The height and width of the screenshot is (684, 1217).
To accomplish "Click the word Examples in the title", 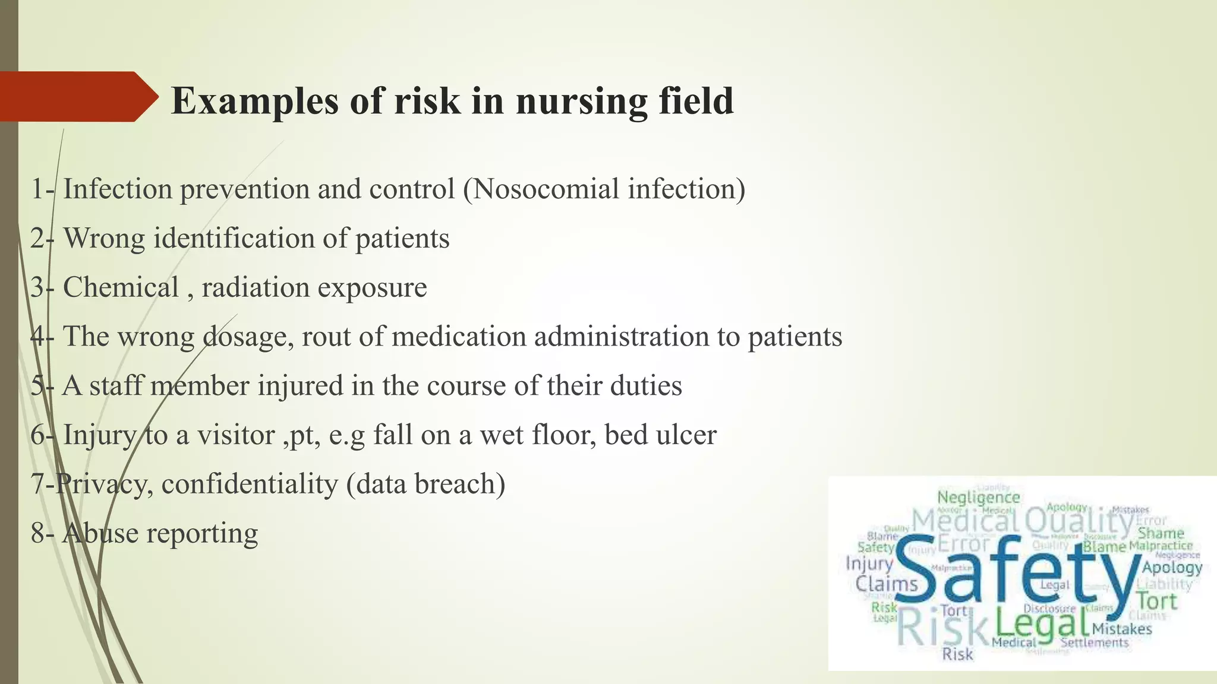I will pyautogui.click(x=254, y=101).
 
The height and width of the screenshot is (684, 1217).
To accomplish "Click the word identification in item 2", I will pyautogui.click(x=234, y=239).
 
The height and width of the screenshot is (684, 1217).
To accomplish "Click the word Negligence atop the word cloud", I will pyautogui.click(x=978, y=497).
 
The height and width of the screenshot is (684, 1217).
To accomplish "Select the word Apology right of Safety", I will pyautogui.click(x=1172, y=568).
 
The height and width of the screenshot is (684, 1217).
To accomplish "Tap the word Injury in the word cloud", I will pyautogui.click(x=869, y=563).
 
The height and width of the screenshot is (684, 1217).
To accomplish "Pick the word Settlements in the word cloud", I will pyautogui.click(x=1094, y=642).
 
